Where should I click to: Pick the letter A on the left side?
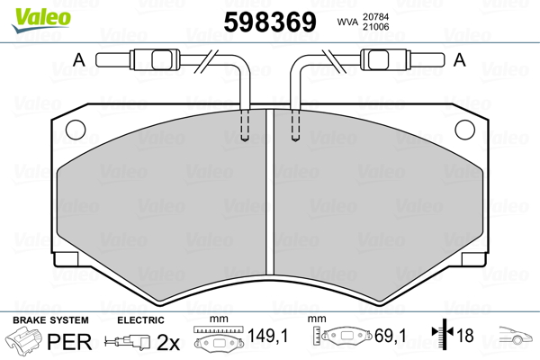click(78, 61)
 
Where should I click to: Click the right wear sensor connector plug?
click(374, 61)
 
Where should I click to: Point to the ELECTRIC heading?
click(141, 319)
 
